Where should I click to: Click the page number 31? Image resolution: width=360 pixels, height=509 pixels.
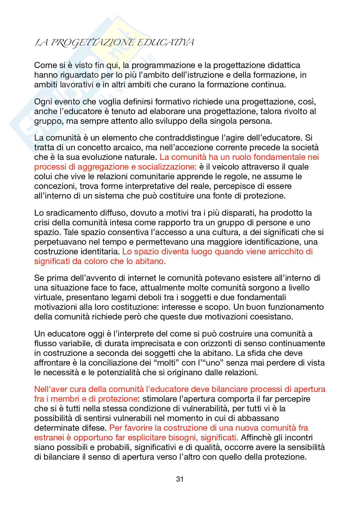[180, 479]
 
